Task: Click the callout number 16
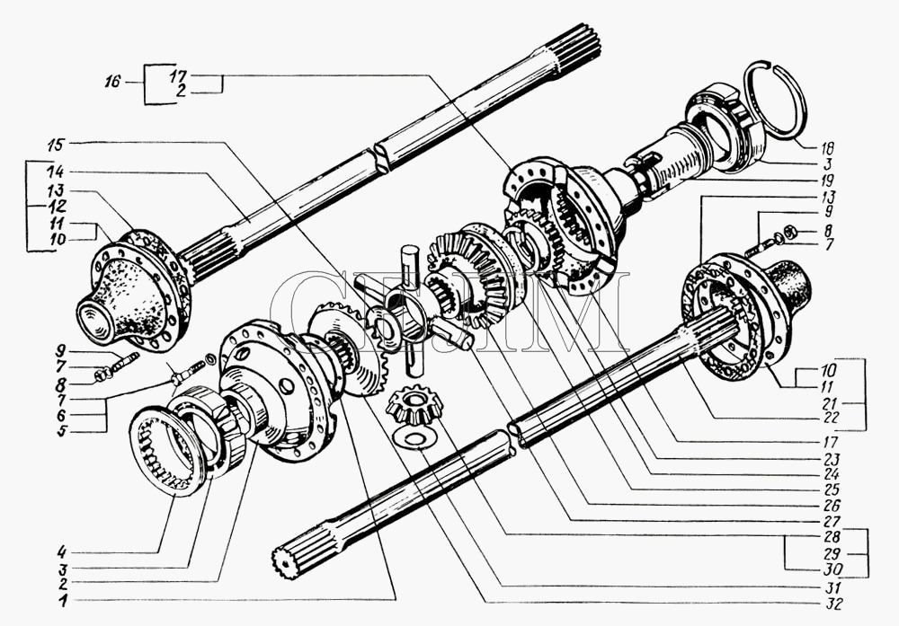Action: click(x=111, y=82)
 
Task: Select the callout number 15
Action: click(x=56, y=144)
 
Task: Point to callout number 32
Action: click(x=828, y=603)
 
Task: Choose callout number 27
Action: click(x=828, y=520)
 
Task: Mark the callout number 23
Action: click(x=828, y=459)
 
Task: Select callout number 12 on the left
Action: click(x=56, y=205)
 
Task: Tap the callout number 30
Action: click(x=828, y=569)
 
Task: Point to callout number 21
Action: click(x=828, y=403)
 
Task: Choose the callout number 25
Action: click(x=828, y=489)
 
